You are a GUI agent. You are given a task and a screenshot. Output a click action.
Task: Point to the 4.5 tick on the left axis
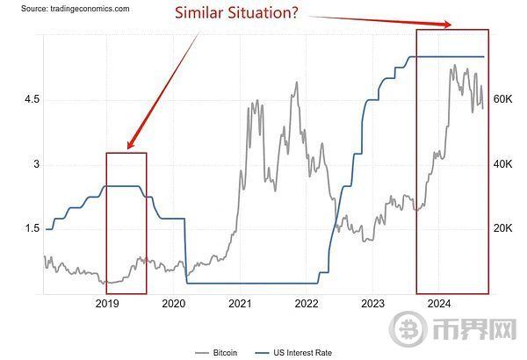click(32, 100)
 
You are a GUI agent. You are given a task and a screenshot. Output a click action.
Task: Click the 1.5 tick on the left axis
click(32, 228)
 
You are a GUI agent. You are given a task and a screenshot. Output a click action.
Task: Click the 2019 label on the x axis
click(107, 304)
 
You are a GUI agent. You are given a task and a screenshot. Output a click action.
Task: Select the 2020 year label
click(174, 304)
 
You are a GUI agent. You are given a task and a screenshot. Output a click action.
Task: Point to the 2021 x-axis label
click(241, 304)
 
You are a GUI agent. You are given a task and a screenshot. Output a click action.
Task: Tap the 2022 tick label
click(307, 304)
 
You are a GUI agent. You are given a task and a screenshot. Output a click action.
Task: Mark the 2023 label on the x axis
click(372, 304)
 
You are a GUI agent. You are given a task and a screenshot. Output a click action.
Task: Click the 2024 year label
click(438, 304)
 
